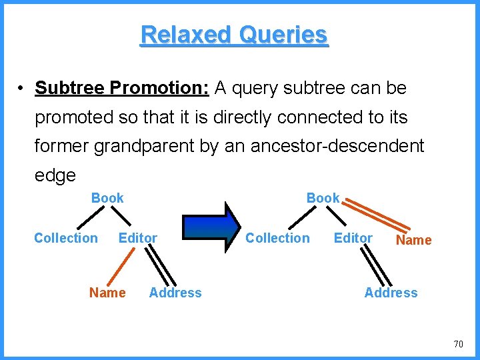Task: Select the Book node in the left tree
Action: (107, 198)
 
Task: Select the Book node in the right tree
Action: (323, 198)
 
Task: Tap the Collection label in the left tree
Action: (65, 238)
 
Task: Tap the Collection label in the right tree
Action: (277, 238)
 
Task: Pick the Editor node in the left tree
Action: (137, 238)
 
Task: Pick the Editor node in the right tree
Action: (353, 238)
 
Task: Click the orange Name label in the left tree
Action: (107, 293)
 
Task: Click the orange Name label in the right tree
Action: (414, 240)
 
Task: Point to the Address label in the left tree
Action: (175, 293)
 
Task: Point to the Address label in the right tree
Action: (391, 293)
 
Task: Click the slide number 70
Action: (458, 344)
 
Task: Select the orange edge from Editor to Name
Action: (124, 267)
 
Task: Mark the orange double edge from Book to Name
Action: (377, 215)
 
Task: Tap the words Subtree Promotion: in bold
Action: (122, 88)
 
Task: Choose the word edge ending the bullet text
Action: (55, 176)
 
